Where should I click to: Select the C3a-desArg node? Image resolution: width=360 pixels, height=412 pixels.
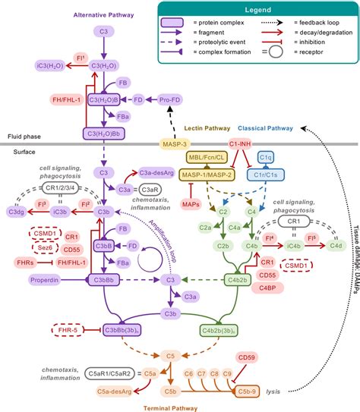(153, 173)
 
